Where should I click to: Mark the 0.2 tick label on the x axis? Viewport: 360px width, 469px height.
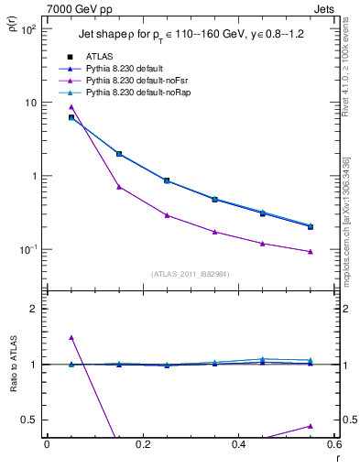142,445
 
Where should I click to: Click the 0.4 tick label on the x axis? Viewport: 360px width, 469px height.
238,445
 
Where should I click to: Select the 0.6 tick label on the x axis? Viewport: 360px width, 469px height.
333,445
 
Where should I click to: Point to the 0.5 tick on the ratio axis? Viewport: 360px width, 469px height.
30,420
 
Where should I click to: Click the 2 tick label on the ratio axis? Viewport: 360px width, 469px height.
34,309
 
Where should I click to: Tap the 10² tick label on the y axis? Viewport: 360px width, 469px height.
27,29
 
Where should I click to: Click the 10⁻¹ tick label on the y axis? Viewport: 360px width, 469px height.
27,249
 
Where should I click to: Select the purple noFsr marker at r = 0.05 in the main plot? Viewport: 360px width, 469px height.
71,107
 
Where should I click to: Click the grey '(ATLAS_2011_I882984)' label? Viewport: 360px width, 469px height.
190,274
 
